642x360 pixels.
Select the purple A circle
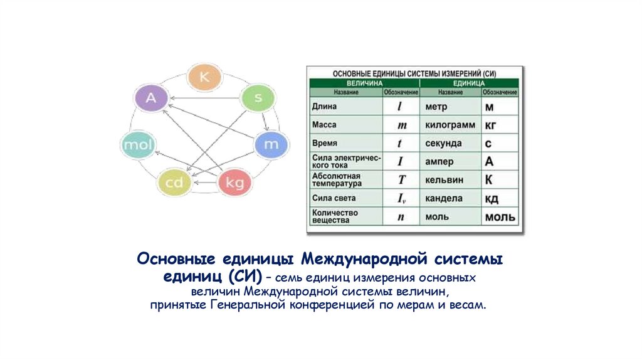[x=150, y=98]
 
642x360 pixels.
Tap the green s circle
[x=258, y=98]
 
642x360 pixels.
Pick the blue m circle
[x=271, y=144]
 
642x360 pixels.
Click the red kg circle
[x=234, y=183]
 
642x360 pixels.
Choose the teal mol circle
[x=136, y=145]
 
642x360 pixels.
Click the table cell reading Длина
[x=325, y=107]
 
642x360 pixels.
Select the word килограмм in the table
[x=450, y=125]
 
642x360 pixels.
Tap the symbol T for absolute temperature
[x=402, y=180]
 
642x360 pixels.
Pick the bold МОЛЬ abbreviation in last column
[x=499, y=218]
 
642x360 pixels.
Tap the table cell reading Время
[x=325, y=143]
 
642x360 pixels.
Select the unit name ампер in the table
[x=439, y=162]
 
